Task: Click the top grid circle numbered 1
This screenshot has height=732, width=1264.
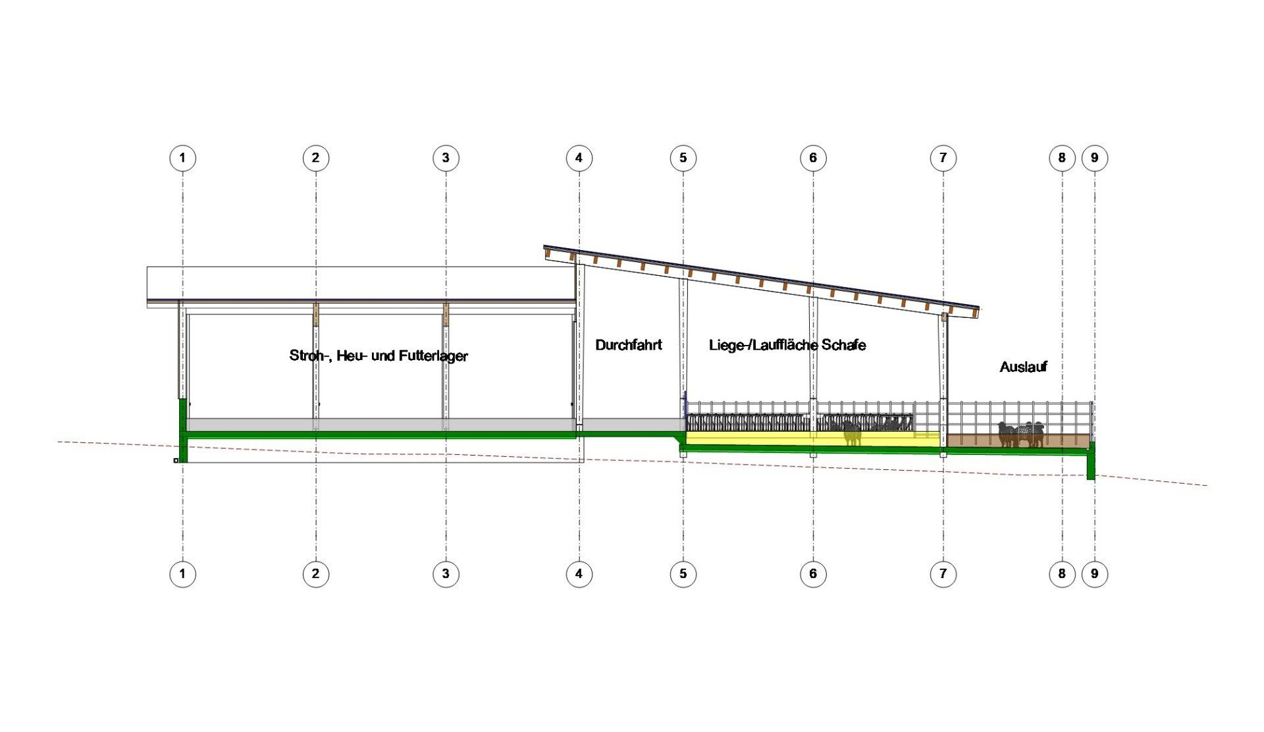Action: (182, 158)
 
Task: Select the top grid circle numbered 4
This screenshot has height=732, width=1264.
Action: (579, 158)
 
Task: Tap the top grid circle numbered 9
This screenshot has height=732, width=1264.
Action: (1095, 158)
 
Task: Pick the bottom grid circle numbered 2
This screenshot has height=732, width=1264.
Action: (315, 574)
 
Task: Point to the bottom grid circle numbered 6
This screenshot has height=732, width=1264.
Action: (813, 574)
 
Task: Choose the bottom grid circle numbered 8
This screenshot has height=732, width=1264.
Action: (1062, 574)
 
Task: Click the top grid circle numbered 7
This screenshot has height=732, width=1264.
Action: (943, 158)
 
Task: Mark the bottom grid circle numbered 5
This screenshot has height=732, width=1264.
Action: (683, 574)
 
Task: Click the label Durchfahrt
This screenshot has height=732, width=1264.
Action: (629, 345)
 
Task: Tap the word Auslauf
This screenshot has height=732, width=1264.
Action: (1023, 367)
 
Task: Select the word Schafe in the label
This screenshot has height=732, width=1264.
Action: (844, 345)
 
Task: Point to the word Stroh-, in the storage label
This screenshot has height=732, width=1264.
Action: (311, 356)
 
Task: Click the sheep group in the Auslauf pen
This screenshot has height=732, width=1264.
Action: (1021, 434)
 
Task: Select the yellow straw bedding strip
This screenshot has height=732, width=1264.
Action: (813, 438)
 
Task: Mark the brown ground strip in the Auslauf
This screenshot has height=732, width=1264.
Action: (1017, 440)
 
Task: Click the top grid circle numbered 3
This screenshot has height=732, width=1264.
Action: (446, 158)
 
